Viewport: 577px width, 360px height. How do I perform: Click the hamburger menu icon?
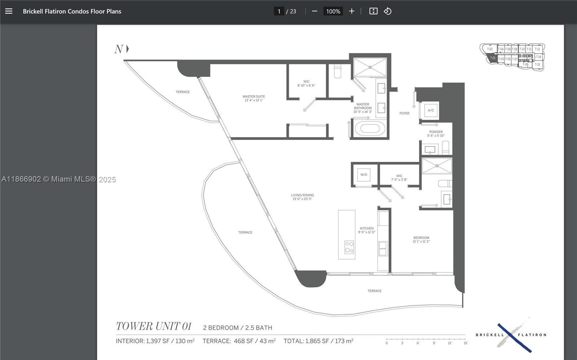9,11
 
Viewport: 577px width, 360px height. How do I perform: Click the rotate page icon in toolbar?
388,11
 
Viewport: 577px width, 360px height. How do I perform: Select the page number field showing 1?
279,11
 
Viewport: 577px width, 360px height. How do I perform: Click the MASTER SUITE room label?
254,98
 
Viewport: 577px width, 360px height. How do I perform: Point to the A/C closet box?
431,110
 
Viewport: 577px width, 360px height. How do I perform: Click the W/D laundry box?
364,175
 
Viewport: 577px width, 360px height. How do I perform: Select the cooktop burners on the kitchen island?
349,247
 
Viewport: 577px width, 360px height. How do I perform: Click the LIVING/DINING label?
302,197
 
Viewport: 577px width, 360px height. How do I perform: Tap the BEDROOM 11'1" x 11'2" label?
421,239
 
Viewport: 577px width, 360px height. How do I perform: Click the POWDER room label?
436,134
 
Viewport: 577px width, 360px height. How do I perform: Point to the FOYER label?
404,113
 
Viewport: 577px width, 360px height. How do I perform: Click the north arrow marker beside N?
127,49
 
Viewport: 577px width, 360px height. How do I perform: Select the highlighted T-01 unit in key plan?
493,58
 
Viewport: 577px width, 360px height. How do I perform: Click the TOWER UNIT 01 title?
154,326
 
